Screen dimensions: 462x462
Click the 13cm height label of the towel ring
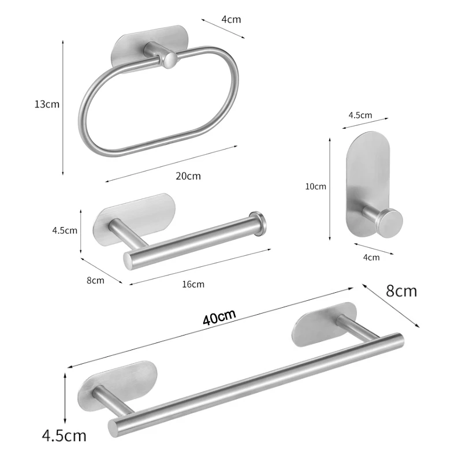coord(47,104)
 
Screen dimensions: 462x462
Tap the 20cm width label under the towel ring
coord(188,176)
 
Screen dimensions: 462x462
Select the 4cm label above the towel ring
coord(231,19)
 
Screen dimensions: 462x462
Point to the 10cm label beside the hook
coord(316,186)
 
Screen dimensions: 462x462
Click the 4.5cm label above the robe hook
coord(360,114)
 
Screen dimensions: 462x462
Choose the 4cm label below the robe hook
coord(371,257)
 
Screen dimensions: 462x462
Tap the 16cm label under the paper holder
coord(193,284)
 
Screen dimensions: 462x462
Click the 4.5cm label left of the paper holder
coord(64,230)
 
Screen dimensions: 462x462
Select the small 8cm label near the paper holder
coord(95,280)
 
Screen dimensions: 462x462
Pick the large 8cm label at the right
coord(401,290)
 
